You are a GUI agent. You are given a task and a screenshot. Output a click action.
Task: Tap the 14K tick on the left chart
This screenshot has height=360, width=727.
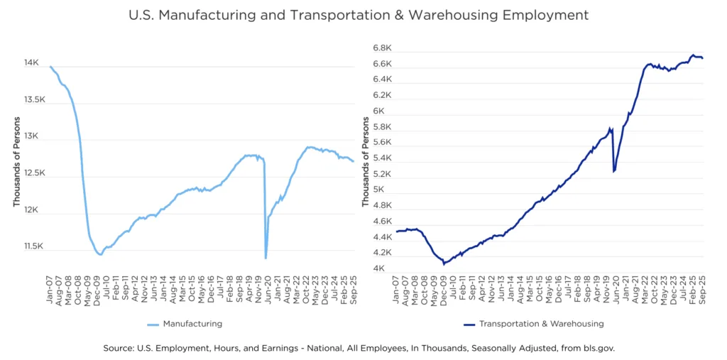coord(32,63)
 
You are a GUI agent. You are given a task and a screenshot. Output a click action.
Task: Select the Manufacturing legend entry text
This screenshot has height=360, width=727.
coord(192,324)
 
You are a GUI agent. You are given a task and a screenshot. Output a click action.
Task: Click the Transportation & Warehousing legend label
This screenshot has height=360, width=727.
coord(542,324)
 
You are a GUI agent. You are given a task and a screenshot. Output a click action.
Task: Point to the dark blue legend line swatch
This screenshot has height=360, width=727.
coord(469,324)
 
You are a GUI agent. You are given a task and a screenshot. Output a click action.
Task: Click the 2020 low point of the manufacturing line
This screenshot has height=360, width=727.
coord(266,257)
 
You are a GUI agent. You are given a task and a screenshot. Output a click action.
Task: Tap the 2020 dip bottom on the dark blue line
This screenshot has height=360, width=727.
coord(613,171)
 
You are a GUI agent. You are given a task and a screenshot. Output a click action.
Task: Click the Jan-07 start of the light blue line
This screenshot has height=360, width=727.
coord(50,66)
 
